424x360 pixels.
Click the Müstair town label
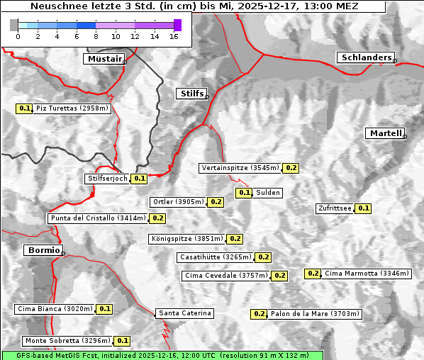[x=104, y=59]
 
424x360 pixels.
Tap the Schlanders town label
[x=365, y=57]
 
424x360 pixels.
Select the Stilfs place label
[x=191, y=94]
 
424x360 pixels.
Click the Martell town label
[x=385, y=133]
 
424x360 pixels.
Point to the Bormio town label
[x=43, y=250]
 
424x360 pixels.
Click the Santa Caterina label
[x=184, y=313]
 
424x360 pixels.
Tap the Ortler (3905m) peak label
[x=178, y=202]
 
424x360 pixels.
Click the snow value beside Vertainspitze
[x=291, y=168]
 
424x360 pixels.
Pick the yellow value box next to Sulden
[x=244, y=193]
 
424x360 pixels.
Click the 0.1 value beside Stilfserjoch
[x=140, y=179]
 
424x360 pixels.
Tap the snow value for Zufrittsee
[x=363, y=208]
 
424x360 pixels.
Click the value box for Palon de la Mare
[x=260, y=314]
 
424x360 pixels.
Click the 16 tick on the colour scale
[x=174, y=37]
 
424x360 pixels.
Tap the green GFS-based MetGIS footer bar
[x=162, y=355]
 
